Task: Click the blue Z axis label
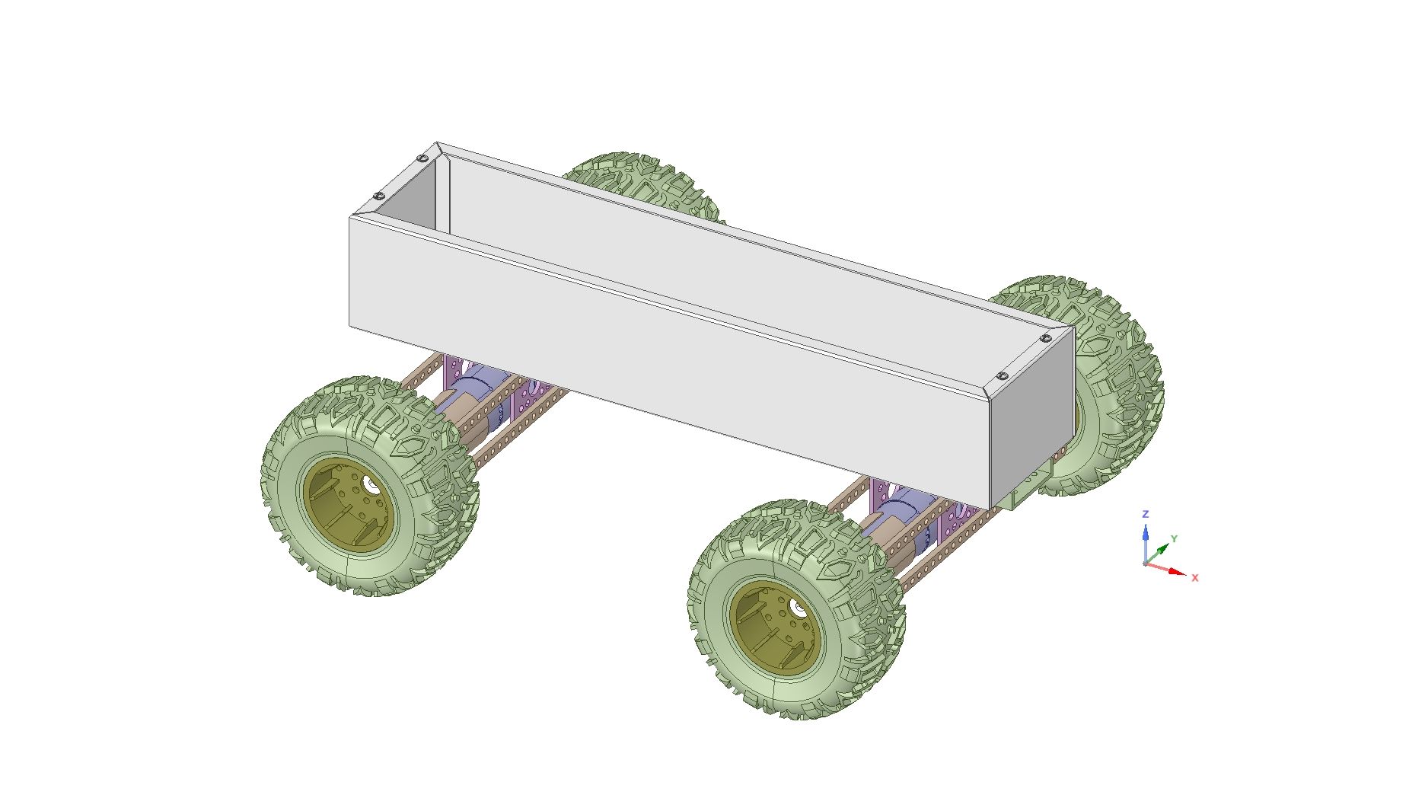(1145, 515)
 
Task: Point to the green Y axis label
(1174, 539)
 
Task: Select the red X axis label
(1195, 578)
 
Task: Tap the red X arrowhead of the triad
(1177, 572)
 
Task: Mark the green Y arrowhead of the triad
(1163, 548)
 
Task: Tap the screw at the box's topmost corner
(422, 158)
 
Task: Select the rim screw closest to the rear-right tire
(1046, 338)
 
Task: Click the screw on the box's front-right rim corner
(1003, 376)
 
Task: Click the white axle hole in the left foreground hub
(370, 484)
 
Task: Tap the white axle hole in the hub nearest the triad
(797, 607)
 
